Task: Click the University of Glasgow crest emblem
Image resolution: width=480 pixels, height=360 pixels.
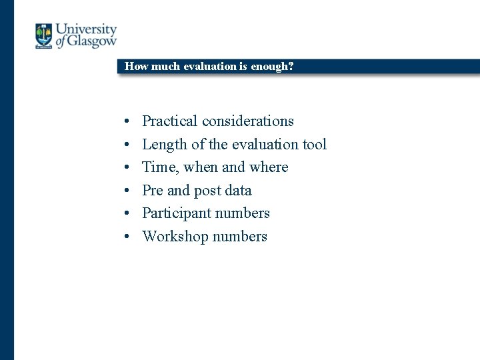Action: pos(44,36)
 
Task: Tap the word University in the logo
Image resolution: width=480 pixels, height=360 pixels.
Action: pos(86,29)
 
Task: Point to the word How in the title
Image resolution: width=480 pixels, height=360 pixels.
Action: pos(136,66)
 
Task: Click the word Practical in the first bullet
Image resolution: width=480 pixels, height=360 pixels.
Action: pos(170,121)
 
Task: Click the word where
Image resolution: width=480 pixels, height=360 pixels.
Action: pos(269,167)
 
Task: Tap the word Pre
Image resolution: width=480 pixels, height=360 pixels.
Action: pos(153,190)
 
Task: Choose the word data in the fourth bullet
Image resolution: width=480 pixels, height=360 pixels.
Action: pos(238,190)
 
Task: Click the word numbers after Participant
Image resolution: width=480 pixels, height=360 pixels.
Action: pos(244,213)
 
